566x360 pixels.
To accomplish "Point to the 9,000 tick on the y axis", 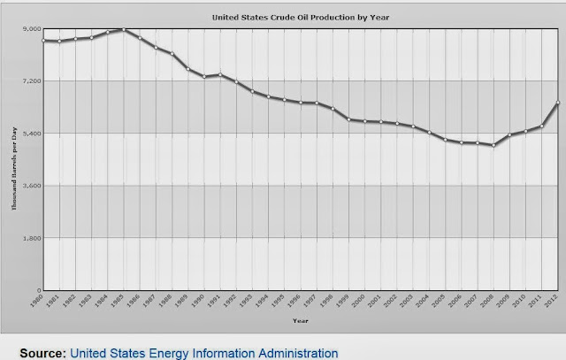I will coord(33,29).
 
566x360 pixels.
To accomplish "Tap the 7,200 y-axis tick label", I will coord(33,81).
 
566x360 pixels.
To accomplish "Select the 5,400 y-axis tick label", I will coord(33,134).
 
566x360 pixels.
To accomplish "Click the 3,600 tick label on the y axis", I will coord(33,186).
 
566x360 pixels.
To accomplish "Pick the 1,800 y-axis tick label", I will coord(33,238).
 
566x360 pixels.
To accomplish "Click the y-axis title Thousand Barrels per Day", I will coord(13,159).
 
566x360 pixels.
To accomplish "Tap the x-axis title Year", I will coord(301,319).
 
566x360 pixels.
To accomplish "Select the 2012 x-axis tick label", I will coord(553,300).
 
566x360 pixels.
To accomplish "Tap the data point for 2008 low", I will coord(493,145).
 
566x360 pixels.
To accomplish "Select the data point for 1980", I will coord(43,41).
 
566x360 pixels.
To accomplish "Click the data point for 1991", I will coord(220,74).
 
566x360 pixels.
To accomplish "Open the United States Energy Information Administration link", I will coord(204,352).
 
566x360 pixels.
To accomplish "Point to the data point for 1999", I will coord(349,119).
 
